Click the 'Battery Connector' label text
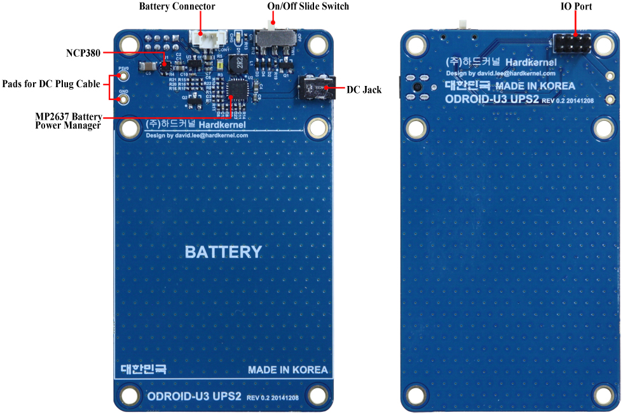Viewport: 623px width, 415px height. click(x=177, y=6)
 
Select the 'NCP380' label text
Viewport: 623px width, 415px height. click(x=83, y=52)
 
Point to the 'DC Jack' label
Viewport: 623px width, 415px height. click(x=364, y=90)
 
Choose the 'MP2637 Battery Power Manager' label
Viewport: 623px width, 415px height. click(x=68, y=121)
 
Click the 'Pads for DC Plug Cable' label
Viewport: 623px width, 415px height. click(x=51, y=84)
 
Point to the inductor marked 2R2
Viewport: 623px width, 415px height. click(x=240, y=65)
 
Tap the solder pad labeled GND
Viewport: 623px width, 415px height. click(x=124, y=97)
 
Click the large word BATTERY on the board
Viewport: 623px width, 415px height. click(x=223, y=252)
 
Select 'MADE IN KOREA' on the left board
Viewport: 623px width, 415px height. click(x=288, y=370)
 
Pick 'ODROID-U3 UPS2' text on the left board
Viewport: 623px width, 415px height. click(x=194, y=396)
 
